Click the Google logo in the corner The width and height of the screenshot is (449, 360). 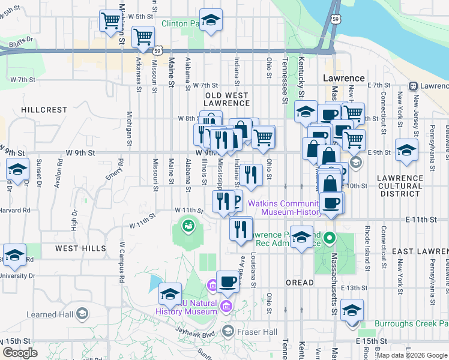(x=20, y=353)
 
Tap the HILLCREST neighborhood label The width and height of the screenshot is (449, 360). (x=44, y=110)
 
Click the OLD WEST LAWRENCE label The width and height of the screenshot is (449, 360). (x=227, y=99)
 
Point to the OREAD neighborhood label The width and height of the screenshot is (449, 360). (x=300, y=282)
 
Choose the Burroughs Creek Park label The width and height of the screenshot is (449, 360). (x=411, y=323)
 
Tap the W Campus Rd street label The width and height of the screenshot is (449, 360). (x=121, y=262)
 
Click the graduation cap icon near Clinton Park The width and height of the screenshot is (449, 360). (x=211, y=20)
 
